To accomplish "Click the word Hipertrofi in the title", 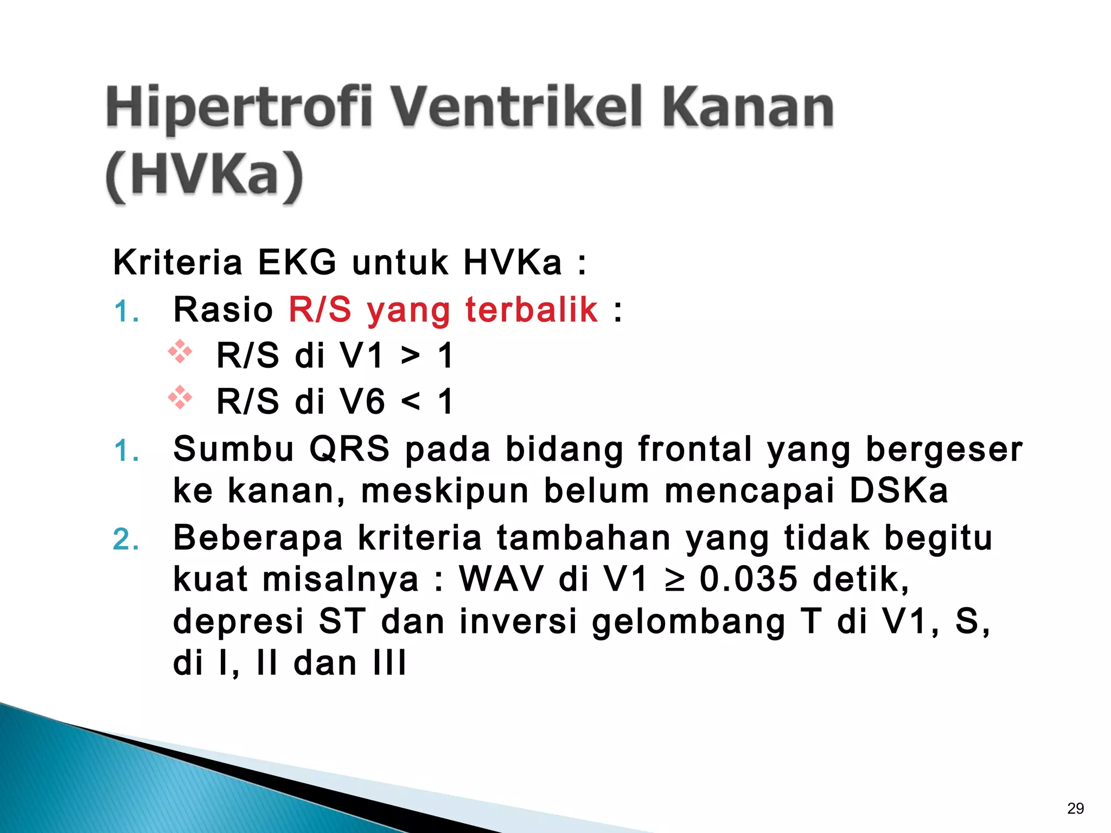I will point(239,108).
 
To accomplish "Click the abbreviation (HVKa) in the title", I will point(204,176).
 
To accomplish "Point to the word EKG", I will point(297,262).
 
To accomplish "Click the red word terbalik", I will point(531,310).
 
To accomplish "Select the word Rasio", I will point(223,310).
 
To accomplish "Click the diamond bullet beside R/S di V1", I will point(180,353).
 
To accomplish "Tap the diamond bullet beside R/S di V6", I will point(180,398).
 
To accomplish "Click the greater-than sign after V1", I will point(410,357).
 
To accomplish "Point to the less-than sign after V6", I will point(410,402).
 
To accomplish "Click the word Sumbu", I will point(233,449).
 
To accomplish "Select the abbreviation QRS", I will point(349,449).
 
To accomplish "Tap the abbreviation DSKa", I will point(898,490).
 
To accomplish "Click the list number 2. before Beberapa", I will point(126,540).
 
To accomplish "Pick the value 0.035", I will point(748,579).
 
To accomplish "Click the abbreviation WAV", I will point(502,579).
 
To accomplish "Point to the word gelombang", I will point(688,621).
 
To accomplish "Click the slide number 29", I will point(1075,809).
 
